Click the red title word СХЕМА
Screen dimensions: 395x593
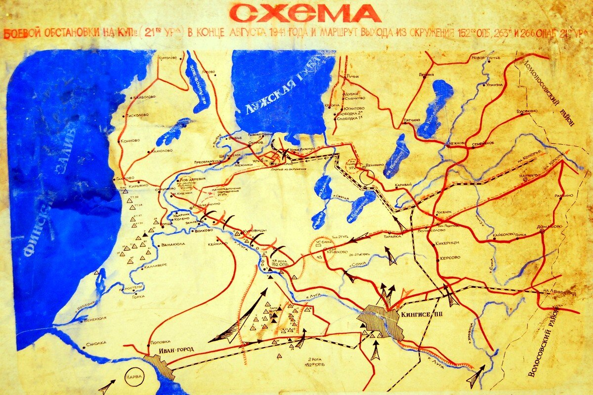pyautogui.click(x=305, y=13)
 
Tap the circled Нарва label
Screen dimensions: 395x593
pyautogui.click(x=135, y=377)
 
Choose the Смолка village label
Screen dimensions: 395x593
pyautogui.click(x=96, y=343)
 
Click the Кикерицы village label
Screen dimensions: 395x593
pyautogui.click(x=449, y=243)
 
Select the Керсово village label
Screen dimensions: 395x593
pyautogui.click(x=448, y=258)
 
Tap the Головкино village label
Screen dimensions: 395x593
pyautogui.click(x=527, y=111)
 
